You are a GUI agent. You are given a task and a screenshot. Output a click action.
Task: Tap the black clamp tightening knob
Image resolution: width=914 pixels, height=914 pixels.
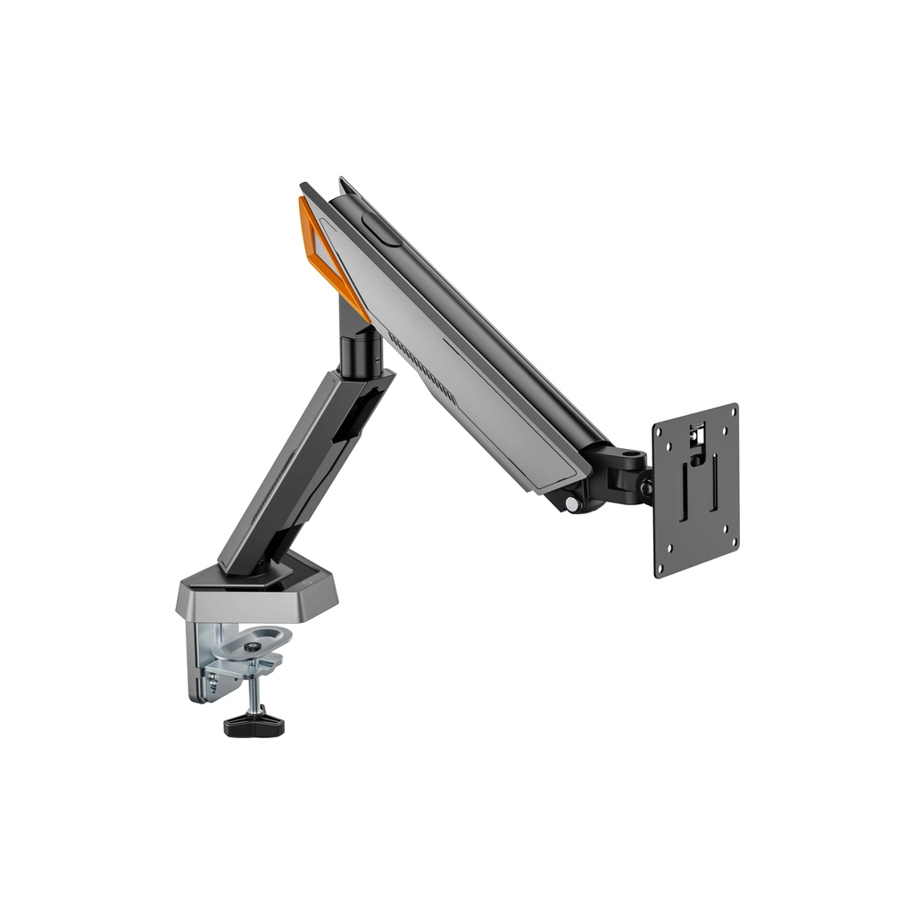click(x=253, y=723)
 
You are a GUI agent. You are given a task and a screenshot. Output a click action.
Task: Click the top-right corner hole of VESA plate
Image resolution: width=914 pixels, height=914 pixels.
click(x=733, y=411)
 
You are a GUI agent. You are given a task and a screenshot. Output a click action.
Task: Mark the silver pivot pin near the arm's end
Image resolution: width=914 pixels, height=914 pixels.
click(x=572, y=503)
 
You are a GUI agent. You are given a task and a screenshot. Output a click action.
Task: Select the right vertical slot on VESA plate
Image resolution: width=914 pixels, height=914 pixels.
click(x=714, y=482)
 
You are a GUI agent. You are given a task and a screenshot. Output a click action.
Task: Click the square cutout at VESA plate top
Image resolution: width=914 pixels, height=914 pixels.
click(x=699, y=436)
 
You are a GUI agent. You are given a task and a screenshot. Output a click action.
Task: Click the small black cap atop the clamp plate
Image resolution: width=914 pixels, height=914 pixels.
click(x=255, y=644)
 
